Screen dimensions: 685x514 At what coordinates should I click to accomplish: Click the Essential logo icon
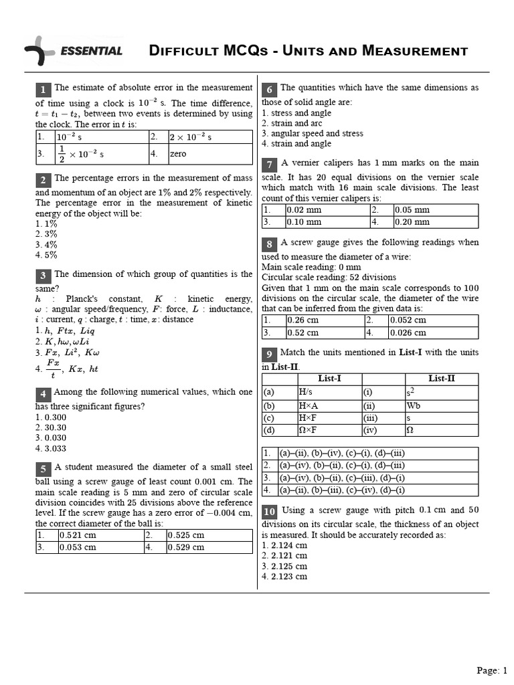click(x=38, y=51)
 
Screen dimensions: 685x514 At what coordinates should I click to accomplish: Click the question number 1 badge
click(x=43, y=90)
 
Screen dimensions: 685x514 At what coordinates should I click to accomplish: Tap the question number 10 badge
click(x=269, y=512)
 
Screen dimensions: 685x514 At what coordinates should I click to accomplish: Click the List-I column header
click(x=329, y=379)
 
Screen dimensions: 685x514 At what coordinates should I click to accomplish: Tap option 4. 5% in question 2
click(x=47, y=255)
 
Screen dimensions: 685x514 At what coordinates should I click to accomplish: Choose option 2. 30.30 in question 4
click(x=51, y=427)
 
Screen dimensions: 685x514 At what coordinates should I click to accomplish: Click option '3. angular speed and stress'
click(x=313, y=133)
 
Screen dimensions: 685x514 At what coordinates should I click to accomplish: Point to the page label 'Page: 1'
click(x=492, y=670)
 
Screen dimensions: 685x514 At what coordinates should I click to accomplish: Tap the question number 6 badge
click(x=269, y=90)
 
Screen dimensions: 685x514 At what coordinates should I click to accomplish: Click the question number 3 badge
click(x=43, y=276)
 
